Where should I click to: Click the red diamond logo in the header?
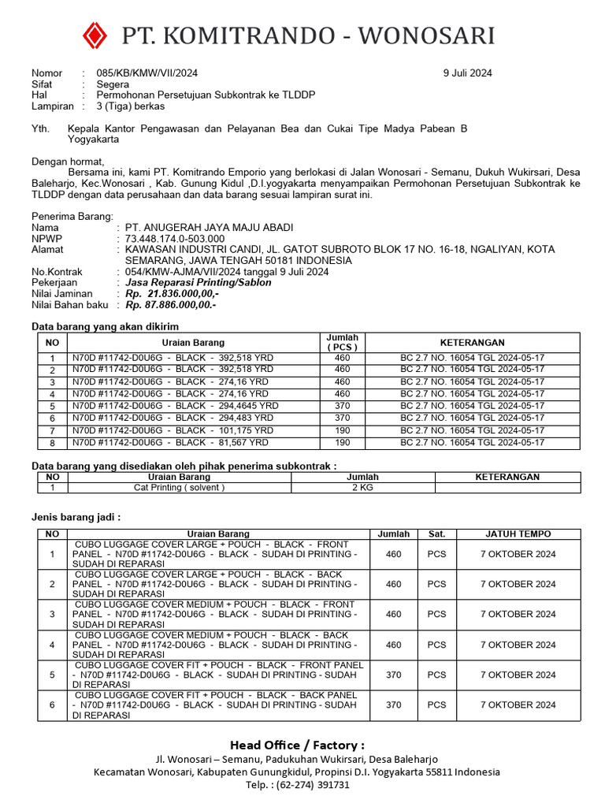tap(95, 35)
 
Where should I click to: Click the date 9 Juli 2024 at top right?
tap(467, 73)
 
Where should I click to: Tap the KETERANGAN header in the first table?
tap(471, 343)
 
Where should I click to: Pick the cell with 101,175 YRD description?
tap(173, 430)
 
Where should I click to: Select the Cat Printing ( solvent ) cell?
tap(179, 488)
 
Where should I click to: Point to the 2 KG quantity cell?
tap(362, 488)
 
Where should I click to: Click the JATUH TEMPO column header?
tap(518, 534)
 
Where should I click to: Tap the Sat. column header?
tap(436, 534)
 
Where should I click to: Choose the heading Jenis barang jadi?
tap(76, 517)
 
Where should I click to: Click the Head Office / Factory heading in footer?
tap(297, 745)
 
